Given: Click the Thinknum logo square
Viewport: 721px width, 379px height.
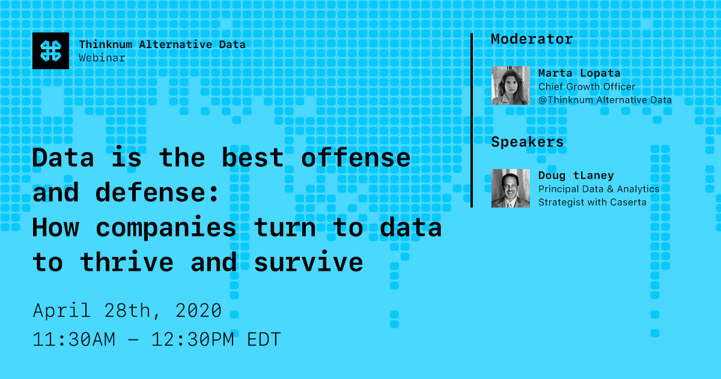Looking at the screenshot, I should (51, 51).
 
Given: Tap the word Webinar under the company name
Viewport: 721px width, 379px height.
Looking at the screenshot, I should (102, 58).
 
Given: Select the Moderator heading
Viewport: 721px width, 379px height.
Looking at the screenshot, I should (532, 39).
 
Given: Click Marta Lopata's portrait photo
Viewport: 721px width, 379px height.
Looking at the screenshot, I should (511, 85).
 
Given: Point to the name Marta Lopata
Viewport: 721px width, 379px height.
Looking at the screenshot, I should (579, 73).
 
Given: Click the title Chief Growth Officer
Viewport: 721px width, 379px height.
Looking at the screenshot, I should (586, 87).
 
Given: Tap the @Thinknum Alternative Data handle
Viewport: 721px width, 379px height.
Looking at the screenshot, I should (605, 100).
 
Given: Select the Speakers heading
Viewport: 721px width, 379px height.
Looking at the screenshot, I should (528, 142).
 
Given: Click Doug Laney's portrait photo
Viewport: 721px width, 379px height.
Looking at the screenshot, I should (511, 188).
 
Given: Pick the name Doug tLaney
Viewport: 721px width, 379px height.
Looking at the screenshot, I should (576, 176).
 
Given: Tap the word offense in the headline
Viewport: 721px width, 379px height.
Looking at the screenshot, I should (356, 158).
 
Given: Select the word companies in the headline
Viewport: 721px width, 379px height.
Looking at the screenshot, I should (166, 228).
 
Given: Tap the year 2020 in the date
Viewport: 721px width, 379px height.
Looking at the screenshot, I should (199, 311).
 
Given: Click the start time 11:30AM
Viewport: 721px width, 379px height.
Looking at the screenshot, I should (74, 339).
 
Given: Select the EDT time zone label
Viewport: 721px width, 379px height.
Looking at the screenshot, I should (264, 339).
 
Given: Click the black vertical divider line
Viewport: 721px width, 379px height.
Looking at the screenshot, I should (472, 120).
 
